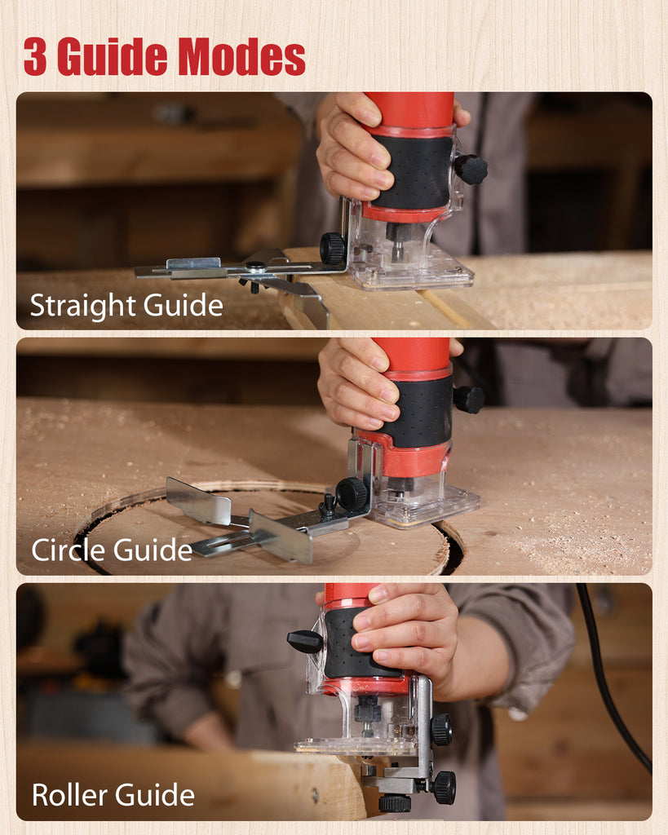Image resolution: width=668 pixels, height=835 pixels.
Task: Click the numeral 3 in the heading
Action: coord(34,56)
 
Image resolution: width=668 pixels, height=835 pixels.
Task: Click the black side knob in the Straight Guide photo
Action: coord(471,169)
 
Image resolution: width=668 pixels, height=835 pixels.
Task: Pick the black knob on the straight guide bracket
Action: coord(333,248)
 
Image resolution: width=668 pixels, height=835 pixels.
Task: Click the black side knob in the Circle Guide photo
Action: coord(469,400)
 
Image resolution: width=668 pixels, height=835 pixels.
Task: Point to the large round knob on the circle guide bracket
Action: coord(352,494)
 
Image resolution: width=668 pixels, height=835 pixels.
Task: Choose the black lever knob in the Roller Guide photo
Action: coord(305,641)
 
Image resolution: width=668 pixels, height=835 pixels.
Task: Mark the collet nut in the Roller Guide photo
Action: coord(368,709)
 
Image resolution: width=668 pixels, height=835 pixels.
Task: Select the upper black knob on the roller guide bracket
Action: coord(442,729)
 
